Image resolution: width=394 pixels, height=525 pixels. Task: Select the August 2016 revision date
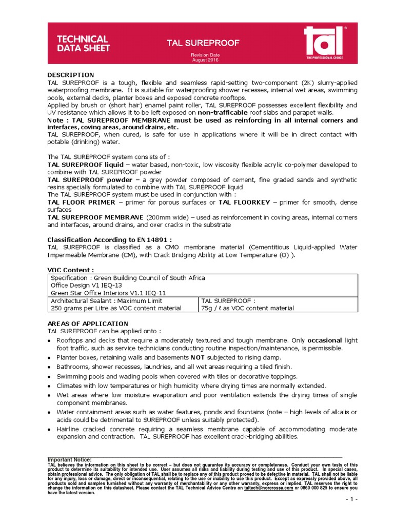point(205,60)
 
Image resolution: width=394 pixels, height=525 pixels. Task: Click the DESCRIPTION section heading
point(71,75)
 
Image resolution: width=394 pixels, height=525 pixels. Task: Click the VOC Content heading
point(71,270)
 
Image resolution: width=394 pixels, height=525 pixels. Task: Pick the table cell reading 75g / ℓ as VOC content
point(248,308)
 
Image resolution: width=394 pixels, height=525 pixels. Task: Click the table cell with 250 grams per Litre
point(115,308)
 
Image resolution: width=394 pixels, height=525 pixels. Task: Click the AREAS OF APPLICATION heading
point(88,324)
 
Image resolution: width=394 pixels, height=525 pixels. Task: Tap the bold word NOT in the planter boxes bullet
point(198,357)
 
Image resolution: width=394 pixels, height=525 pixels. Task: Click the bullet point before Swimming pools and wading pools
point(50,377)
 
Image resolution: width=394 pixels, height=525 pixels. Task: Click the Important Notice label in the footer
point(70,459)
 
